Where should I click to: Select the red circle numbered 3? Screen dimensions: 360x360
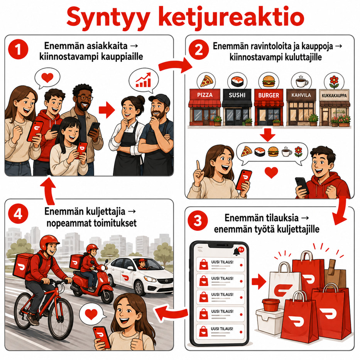click(198, 221)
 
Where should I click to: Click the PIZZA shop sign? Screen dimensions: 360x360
click(205, 95)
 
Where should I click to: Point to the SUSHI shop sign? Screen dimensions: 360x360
click(237, 95)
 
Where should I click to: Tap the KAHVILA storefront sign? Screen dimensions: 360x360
click(301, 95)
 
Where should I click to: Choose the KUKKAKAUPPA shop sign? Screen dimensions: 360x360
click(334, 95)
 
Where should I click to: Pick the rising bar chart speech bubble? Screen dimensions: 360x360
click(144, 80)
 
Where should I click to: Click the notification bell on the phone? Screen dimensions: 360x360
click(236, 252)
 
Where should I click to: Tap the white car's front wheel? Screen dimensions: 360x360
click(140, 288)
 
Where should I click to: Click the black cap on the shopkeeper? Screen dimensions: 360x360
click(159, 99)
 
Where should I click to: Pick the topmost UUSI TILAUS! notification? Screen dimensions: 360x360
click(220, 264)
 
